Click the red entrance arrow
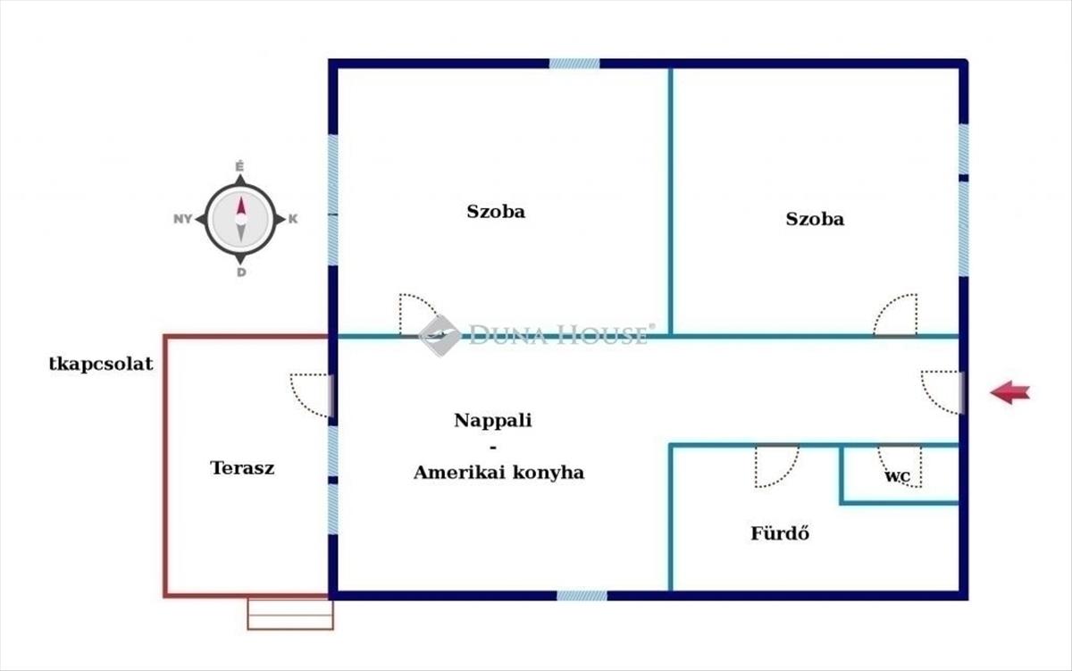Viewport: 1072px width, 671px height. pyautogui.click(x=1009, y=391)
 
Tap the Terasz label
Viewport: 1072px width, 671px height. pyautogui.click(x=242, y=467)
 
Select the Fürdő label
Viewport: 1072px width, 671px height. pyautogui.click(x=779, y=534)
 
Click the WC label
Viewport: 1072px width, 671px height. pyautogui.click(x=897, y=476)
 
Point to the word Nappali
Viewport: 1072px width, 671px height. pyautogui.click(x=492, y=420)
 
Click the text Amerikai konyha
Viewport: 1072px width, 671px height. pyautogui.click(x=498, y=473)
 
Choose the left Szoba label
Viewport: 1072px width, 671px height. pyautogui.click(x=496, y=212)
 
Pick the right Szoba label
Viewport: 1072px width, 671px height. pyautogui.click(x=814, y=218)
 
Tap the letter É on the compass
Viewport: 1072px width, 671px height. pyautogui.click(x=239, y=166)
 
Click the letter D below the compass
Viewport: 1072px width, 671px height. pyautogui.click(x=240, y=272)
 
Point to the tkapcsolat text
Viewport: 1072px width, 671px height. pyautogui.click(x=101, y=364)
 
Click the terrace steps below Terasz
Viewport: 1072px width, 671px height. pyautogui.click(x=290, y=614)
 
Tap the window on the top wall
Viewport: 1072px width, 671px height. pyautogui.click(x=574, y=63)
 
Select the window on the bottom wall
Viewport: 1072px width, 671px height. pyautogui.click(x=582, y=595)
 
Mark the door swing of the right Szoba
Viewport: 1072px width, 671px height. pyautogui.click(x=896, y=315)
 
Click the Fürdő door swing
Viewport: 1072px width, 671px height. pyautogui.click(x=775, y=466)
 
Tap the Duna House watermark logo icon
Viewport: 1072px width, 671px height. pyautogui.click(x=440, y=335)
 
